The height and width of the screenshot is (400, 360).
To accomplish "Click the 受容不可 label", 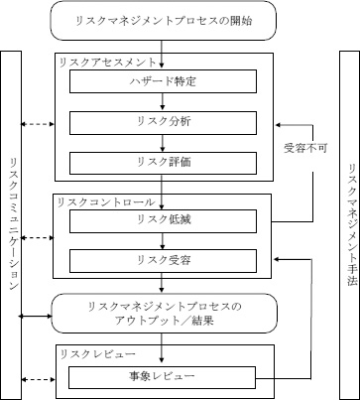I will [x=300, y=148].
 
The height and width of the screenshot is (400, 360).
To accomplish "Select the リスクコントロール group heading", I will [x=96, y=202].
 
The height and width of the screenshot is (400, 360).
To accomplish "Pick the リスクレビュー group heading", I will [x=88, y=355].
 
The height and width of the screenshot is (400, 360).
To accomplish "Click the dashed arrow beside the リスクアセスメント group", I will [x=38, y=123].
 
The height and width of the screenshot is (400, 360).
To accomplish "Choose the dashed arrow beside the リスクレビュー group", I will [x=38, y=376].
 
